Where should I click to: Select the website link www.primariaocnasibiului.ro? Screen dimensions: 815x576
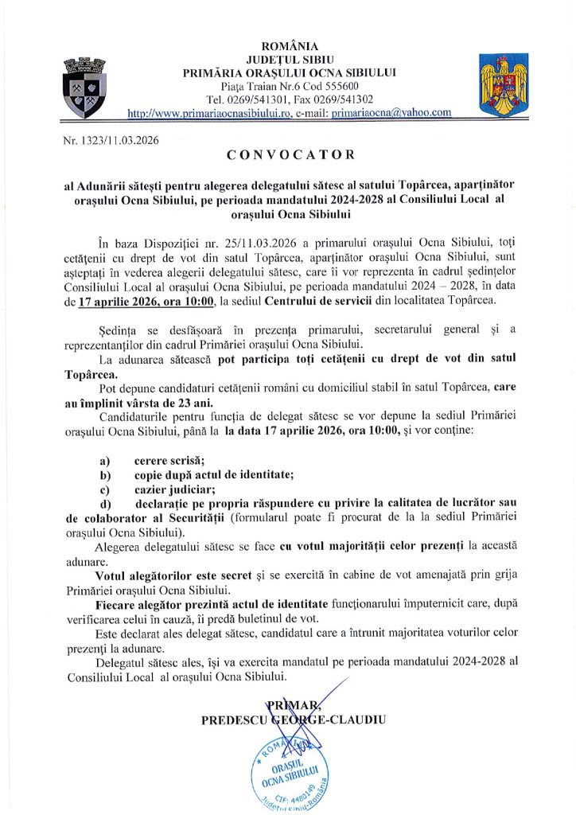(x=208, y=113)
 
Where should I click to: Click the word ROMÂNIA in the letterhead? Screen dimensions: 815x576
(x=289, y=46)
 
